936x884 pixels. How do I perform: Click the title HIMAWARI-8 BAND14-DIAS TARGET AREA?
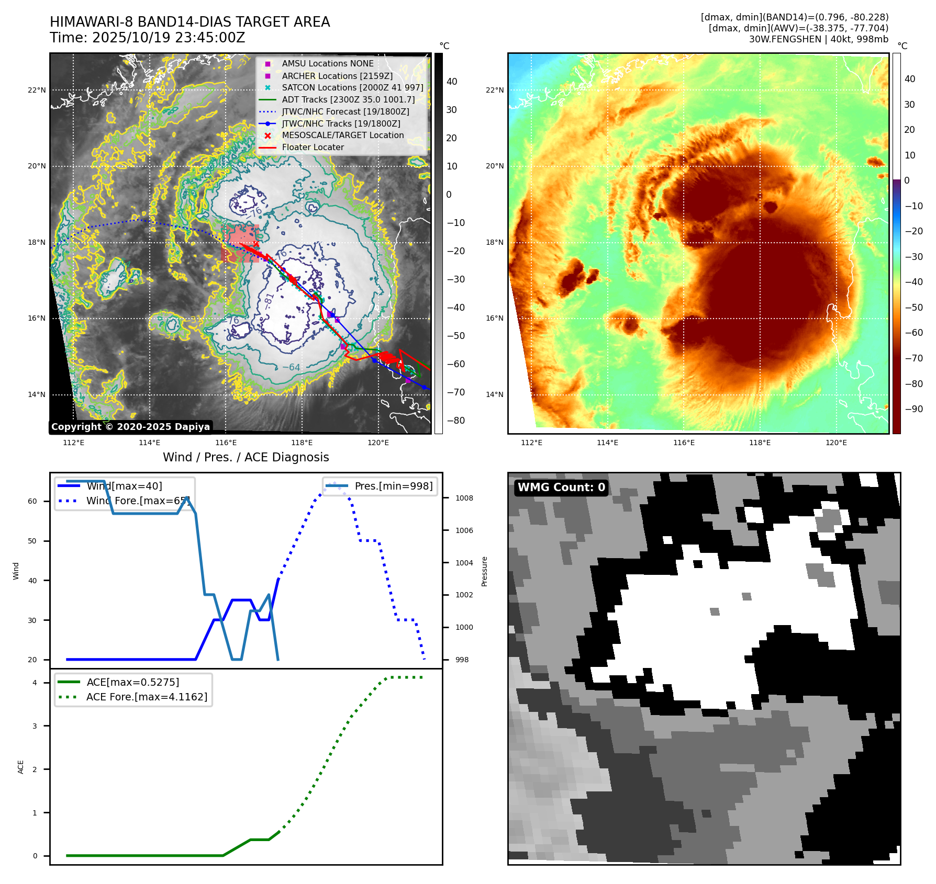[x=190, y=22]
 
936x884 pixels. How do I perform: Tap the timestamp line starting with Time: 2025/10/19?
[x=147, y=38]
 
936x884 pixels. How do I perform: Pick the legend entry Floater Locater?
[x=313, y=148]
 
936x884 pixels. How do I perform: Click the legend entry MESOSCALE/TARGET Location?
[x=342, y=135]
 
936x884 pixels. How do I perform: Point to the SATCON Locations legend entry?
[x=352, y=88]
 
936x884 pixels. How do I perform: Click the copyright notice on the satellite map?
[x=130, y=427]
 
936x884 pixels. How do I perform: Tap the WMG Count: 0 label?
[x=561, y=488]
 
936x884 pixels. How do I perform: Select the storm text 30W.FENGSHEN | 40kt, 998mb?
[x=818, y=39]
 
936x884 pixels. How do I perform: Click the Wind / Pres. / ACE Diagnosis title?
[x=246, y=457]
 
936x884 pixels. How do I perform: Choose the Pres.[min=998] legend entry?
[x=393, y=486]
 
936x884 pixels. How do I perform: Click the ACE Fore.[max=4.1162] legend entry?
[x=147, y=697]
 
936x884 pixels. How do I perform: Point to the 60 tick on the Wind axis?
[x=32, y=501]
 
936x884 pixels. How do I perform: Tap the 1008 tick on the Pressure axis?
[x=464, y=498]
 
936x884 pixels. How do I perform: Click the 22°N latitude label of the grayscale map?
[x=37, y=90]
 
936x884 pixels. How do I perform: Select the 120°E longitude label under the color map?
[x=836, y=443]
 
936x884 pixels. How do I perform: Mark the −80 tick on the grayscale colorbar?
[x=455, y=421]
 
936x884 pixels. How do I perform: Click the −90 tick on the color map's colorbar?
[x=913, y=409]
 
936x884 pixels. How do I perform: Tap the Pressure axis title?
[x=484, y=571]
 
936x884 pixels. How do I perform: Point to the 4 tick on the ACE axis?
[x=35, y=683]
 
